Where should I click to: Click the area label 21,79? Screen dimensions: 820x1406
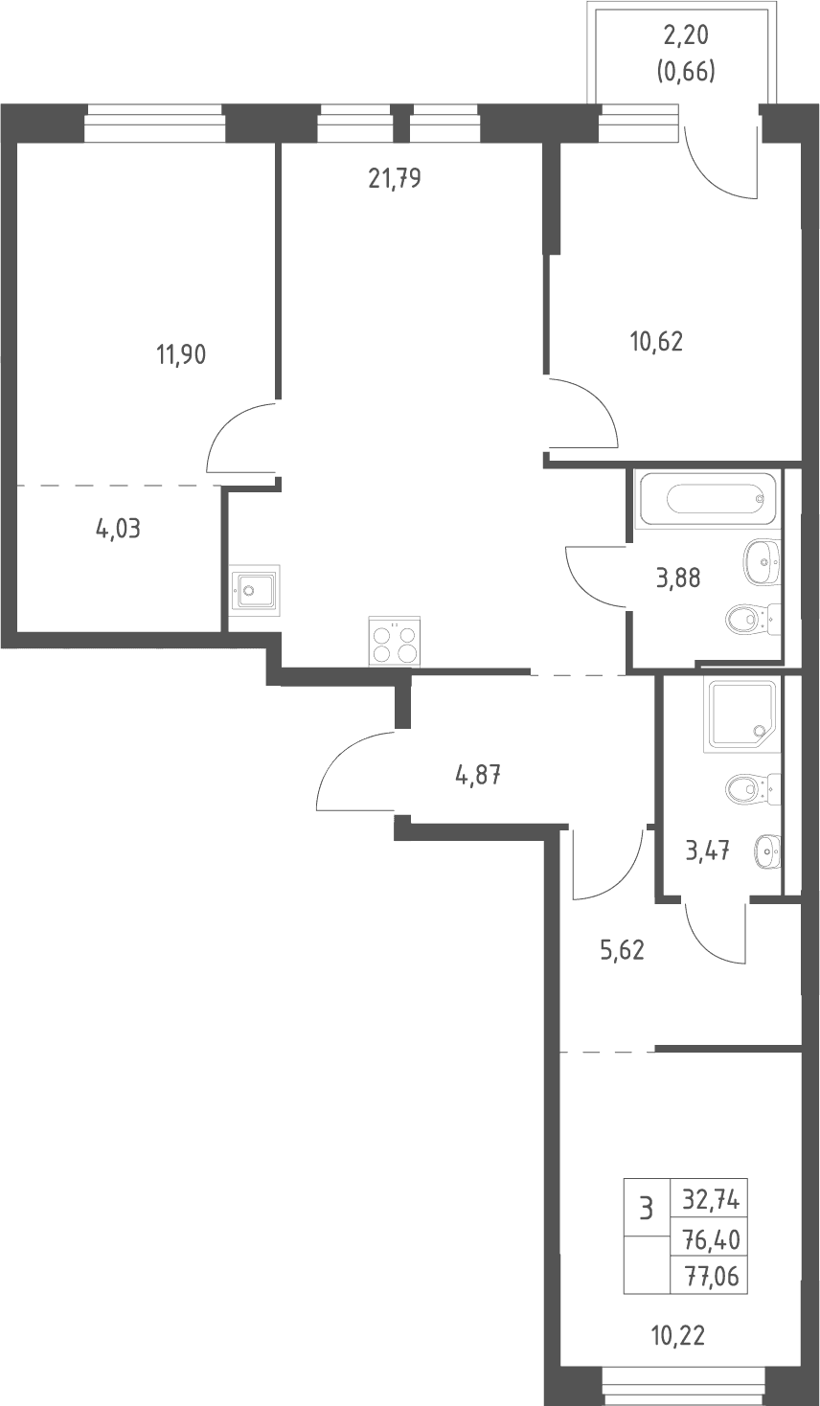point(395,179)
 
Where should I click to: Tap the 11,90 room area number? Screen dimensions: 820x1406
point(181,355)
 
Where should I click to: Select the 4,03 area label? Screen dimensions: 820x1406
point(118,529)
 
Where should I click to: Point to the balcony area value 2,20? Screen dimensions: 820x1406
point(686,36)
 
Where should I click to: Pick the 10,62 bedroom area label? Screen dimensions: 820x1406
point(656,342)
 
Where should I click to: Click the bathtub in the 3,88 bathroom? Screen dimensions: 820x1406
point(706,500)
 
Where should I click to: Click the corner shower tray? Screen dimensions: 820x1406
point(742,714)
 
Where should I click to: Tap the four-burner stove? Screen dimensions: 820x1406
point(395,641)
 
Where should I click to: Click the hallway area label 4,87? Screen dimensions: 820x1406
point(478,776)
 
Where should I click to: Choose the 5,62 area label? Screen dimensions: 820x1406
point(623,951)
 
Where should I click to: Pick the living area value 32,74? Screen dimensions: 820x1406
point(711,1201)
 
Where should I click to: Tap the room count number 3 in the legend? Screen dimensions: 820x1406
point(646,1208)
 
